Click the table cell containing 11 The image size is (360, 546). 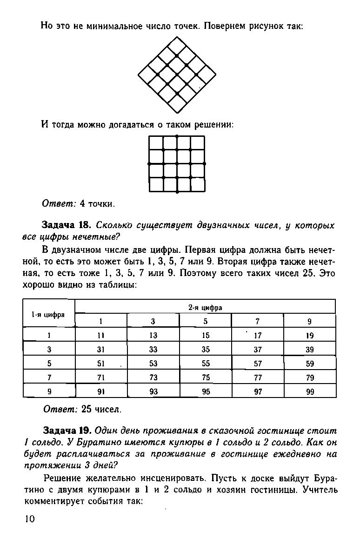(x=101, y=335)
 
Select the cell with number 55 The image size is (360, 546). (x=206, y=364)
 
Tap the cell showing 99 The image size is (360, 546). (x=310, y=392)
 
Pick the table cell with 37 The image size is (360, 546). (x=258, y=350)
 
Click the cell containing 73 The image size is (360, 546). (x=153, y=377)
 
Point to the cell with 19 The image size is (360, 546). (x=310, y=335)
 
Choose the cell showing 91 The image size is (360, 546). (x=101, y=392)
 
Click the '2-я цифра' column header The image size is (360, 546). (x=205, y=307)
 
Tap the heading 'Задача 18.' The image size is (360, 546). (x=67, y=225)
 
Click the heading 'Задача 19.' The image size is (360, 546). (x=68, y=431)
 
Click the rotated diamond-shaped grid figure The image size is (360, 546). (x=177, y=74)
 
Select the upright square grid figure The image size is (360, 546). (x=177, y=164)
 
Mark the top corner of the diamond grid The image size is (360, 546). (x=177, y=36)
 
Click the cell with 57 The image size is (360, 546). (x=258, y=364)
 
